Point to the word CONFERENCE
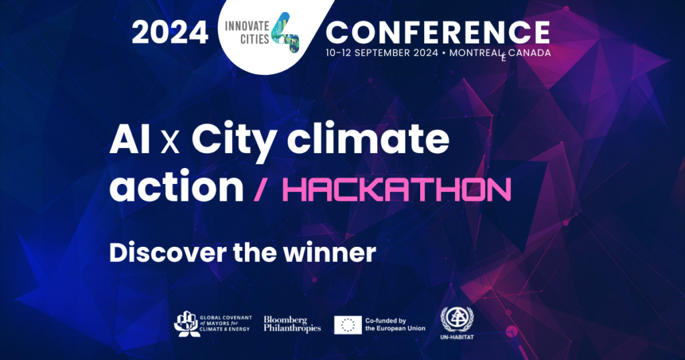pyautogui.click(x=438, y=31)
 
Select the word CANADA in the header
pyautogui.click(x=529, y=52)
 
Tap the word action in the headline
pyautogui.click(x=177, y=189)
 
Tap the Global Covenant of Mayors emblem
pyautogui.click(x=186, y=325)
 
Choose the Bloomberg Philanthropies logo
pyautogui.click(x=292, y=325)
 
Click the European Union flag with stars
pyautogui.click(x=348, y=325)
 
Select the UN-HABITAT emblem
pyautogui.click(x=454, y=320)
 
